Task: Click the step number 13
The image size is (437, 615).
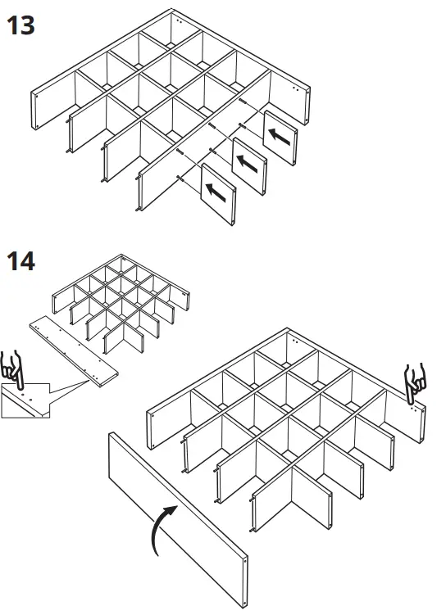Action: pyautogui.click(x=20, y=25)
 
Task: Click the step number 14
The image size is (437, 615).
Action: pyautogui.click(x=20, y=262)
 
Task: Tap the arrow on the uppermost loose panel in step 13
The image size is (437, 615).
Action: pyautogui.click(x=280, y=137)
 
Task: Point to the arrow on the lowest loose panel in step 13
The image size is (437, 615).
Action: pyautogui.click(x=217, y=192)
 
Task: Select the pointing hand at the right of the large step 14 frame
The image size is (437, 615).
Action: pyautogui.click(x=416, y=378)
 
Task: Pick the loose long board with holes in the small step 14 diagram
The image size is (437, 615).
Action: pyautogui.click(x=74, y=348)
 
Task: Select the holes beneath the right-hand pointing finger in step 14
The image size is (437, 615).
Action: pyautogui.click(x=413, y=403)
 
